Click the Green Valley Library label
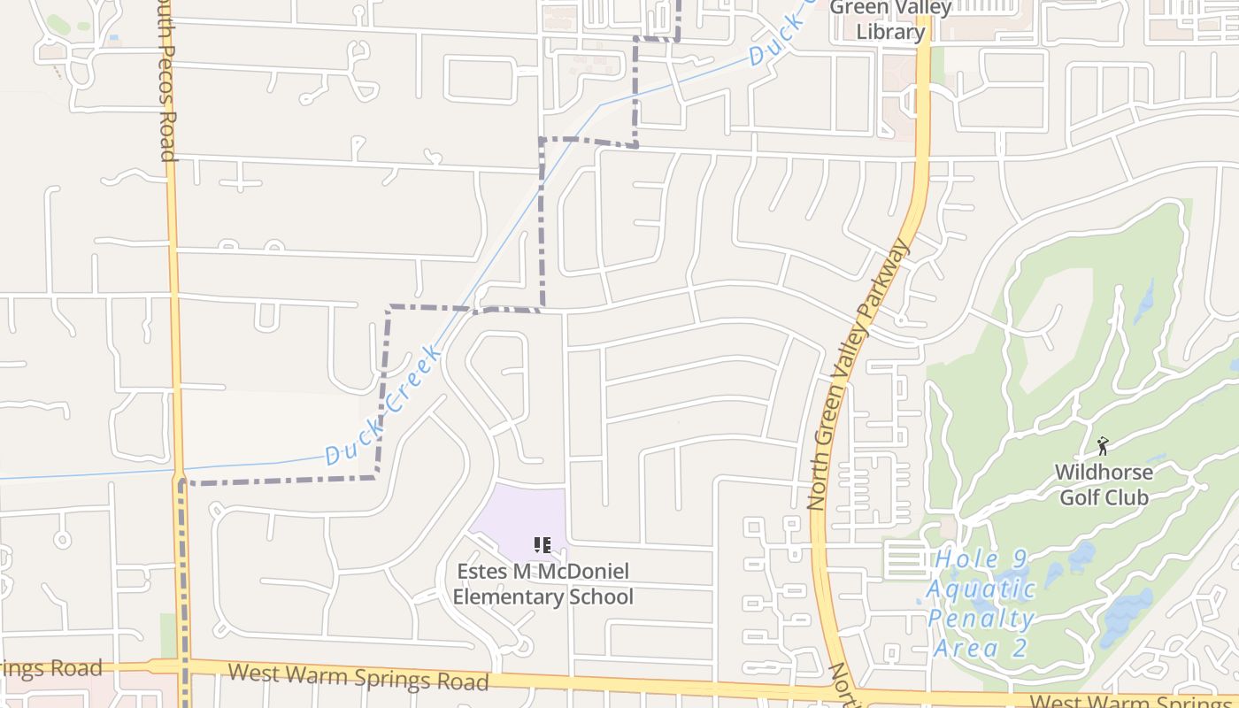[x=890, y=19]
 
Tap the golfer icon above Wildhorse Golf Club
[x=1103, y=446]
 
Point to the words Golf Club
[x=1104, y=497]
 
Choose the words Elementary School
[x=543, y=596]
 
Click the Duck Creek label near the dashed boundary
[x=384, y=407]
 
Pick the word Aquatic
[x=981, y=589]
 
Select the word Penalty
[x=981, y=619]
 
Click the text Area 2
[x=981, y=648]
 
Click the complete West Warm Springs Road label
[x=358, y=677]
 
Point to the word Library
[x=890, y=32]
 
